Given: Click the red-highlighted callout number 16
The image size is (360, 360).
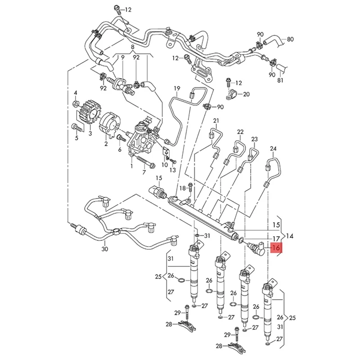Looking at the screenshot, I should pos(276,247).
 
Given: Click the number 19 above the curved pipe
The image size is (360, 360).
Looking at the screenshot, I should pos(176,88).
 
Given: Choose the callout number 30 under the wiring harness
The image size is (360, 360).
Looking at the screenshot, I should pos(105,249).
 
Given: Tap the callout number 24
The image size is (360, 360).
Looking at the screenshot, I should pos(273,148).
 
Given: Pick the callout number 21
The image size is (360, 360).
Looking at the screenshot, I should pos(216,121).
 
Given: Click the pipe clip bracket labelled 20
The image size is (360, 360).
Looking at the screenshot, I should pos(232,95).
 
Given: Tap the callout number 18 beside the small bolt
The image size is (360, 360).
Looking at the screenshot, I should pos(182,188).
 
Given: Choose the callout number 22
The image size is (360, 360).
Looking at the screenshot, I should pos(240,131).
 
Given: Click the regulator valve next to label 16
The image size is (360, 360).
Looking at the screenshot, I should pos(258,247).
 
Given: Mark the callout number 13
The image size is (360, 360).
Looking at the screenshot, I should pos(173,170).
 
